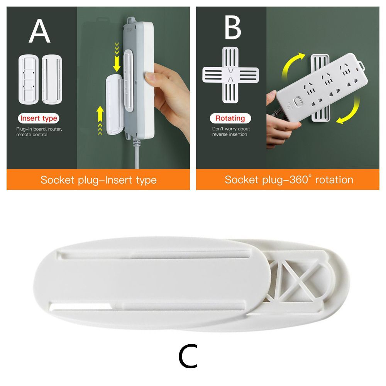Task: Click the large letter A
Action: pyautogui.click(x=40, y=31)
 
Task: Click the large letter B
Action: pyautogui.click(x=233, y=28)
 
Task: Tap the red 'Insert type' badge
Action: pyautogui.click(x=39, y=119)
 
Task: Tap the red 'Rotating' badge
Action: pyautogui.click(x=230, y=118)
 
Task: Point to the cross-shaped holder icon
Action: pyautogui.click(x=230, y=74)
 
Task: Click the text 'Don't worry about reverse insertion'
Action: pyautogui.click(x=231, y=132)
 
